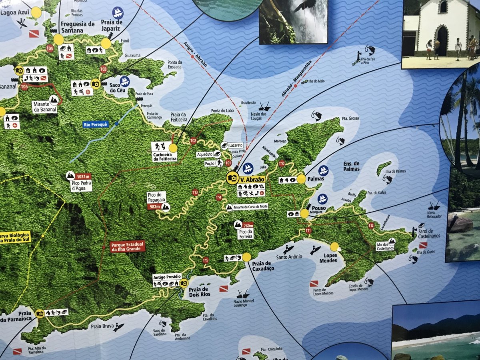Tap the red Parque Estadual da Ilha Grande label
point(127,246)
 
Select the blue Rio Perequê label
point(96,124)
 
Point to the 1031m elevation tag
point(83,176)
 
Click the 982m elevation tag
point(153,207)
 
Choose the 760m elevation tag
point(248,224)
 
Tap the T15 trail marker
point(206,260)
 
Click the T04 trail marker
point(50,48)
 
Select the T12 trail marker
point(371,226)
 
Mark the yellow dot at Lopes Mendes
point(334,247)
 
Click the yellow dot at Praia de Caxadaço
point(246,257)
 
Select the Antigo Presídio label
point(167,276)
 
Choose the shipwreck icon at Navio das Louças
point(264,106)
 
